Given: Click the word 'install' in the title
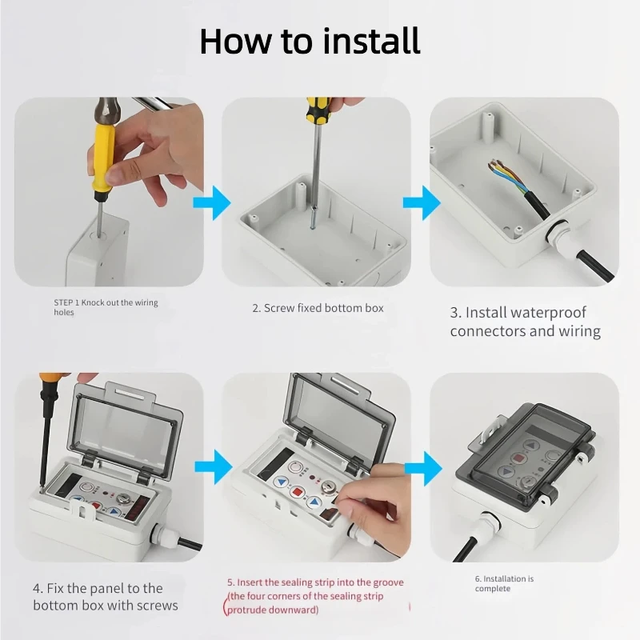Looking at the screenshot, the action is pos(371,41).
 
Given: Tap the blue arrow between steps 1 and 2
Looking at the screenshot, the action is pos(212,203).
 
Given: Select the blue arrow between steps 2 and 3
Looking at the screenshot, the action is pos(422,203).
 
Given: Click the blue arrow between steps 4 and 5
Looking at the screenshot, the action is pos(214,467).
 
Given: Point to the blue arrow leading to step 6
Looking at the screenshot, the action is pos(423,468).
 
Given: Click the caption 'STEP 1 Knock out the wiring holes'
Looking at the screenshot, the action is pos(106,307).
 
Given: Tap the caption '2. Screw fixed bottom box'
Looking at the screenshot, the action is pos(318,308).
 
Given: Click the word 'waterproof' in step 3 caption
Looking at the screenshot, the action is pos(526,313).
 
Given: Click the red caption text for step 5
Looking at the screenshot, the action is pos(315,596).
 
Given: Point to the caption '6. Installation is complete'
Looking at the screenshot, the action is pos(504,584).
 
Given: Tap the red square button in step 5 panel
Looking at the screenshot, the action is pos(298,492).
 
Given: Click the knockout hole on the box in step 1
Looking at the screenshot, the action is pos(99,235).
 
